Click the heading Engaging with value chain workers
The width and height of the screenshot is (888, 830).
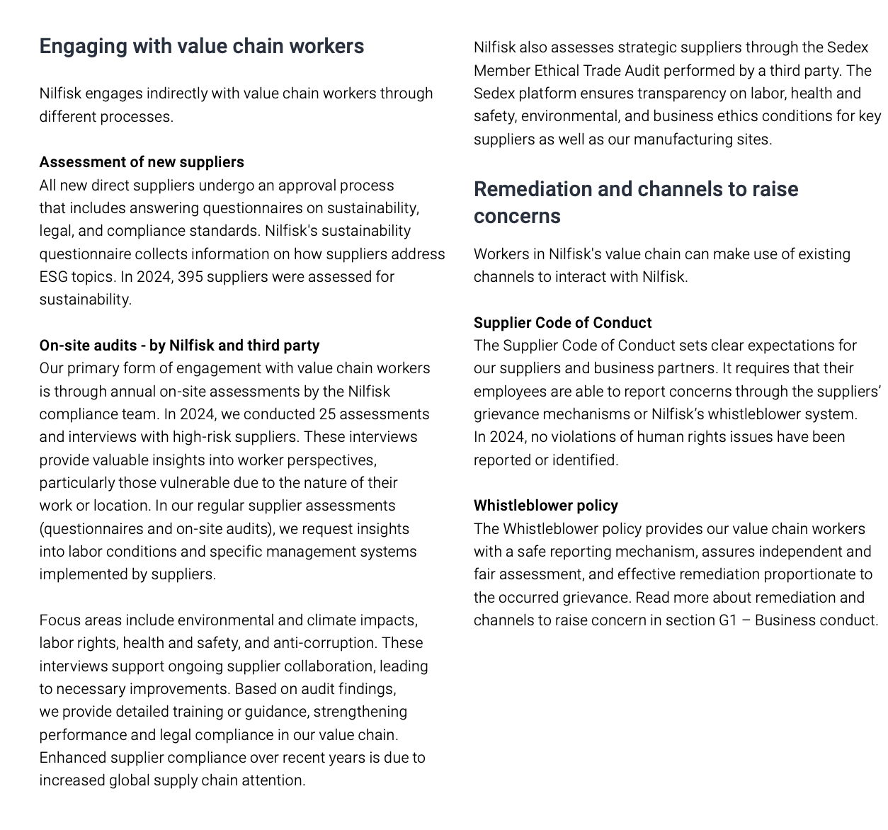tap(202, 46)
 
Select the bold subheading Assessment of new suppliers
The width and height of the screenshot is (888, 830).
tap(142, 162)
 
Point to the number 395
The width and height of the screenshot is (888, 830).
tap(190, 277)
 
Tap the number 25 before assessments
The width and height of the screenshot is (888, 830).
tap(327, 414)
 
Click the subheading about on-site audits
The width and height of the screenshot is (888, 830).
tap(179, 346)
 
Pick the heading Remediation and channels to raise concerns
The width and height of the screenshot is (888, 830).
tap(635, 203)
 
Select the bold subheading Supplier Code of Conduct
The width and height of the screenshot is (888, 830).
tap(562, 323)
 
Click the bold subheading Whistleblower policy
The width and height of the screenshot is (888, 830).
tap(545, 506)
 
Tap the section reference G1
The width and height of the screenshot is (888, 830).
tap(728, 620)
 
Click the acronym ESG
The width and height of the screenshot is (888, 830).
tap(53, 277)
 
